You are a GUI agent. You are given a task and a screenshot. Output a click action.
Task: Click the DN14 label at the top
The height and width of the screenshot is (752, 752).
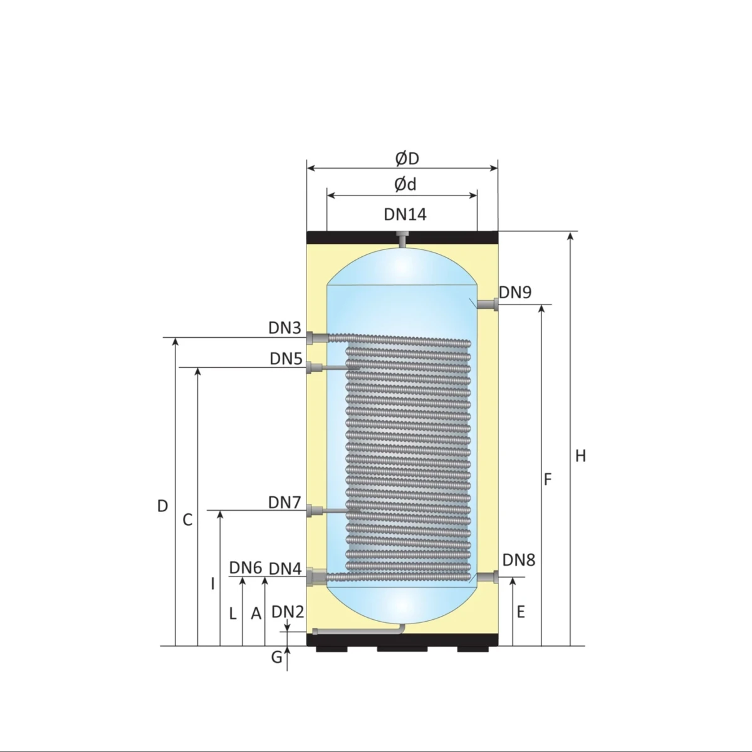(405, 215)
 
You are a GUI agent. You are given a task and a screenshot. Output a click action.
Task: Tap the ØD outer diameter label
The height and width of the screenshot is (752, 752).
(407, 159)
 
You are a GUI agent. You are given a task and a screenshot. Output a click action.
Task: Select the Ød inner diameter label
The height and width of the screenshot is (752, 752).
(405, 184)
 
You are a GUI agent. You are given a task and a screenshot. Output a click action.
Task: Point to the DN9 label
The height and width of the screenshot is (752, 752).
(515, 292)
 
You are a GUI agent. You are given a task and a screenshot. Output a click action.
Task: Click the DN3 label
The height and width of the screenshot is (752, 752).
(285, 328)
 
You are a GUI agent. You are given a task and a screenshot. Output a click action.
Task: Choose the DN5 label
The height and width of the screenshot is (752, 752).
(286, 359)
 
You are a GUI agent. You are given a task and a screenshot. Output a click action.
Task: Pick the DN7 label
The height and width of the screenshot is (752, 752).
(285, 503)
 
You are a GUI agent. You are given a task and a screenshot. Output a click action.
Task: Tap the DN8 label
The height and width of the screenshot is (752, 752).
(518, 560)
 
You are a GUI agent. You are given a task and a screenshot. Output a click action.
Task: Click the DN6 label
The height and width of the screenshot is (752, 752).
(245, 568)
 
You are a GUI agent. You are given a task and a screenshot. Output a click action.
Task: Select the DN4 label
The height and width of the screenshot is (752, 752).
(285, 569)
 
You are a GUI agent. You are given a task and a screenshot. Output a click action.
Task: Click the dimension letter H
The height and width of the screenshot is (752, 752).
(580, 456)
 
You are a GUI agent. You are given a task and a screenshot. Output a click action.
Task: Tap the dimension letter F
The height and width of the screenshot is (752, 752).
(548, 479)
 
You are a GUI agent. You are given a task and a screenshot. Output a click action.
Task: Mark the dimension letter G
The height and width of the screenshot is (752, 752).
(276, 657)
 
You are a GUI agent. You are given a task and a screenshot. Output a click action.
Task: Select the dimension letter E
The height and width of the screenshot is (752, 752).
(520, 612)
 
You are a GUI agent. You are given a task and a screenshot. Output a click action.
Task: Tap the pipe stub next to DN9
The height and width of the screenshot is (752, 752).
(488, 305)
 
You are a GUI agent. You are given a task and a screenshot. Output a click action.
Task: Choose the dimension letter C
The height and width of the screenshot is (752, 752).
(187, 520)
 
